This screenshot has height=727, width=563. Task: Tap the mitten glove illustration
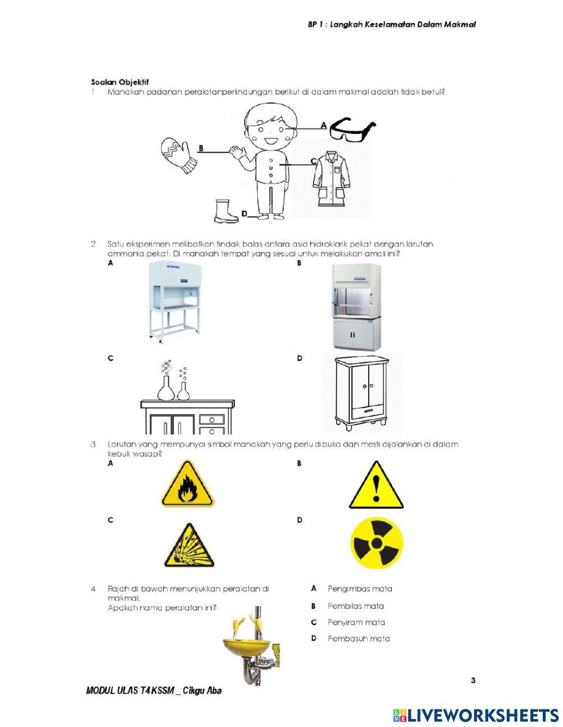click(178, 154)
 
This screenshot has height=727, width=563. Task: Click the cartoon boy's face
click(269, 131)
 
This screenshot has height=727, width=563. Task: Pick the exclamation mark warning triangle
click(376, 485)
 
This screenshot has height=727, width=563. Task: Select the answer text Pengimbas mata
click(360, 589)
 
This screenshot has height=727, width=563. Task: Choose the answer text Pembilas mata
click(356, 606)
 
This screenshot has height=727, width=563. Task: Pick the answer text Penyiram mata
click(356, 622)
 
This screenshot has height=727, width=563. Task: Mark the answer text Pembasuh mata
click(359, 639)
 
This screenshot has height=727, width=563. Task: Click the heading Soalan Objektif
click(119, 82)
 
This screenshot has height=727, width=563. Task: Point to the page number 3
click(473, 680)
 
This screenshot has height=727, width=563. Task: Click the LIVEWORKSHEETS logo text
click(482, 716)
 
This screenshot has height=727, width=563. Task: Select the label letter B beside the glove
click(200, 148)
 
